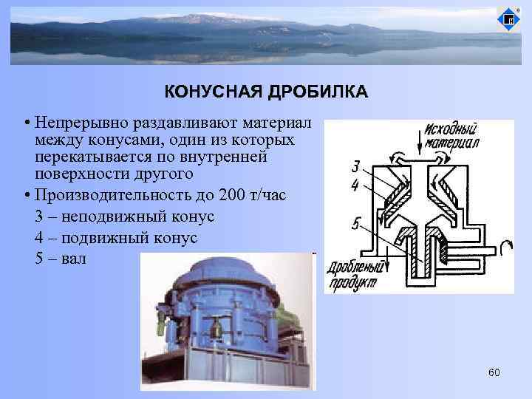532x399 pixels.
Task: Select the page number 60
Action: click(x=494, y=372)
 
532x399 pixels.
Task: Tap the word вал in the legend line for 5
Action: click(x=75, y=259)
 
